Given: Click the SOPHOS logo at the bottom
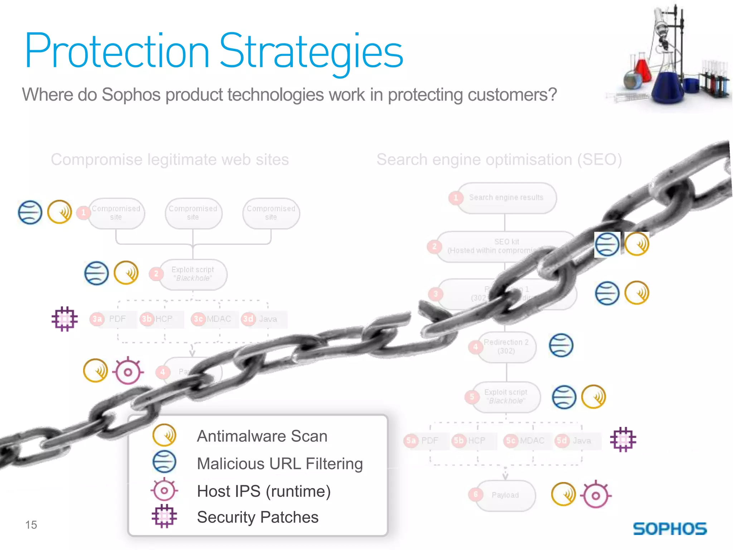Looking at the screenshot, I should [670, 529].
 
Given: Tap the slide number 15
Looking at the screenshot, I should [31, 525].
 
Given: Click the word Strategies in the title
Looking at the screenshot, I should [311, 51].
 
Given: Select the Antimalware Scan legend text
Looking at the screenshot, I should [262, 436].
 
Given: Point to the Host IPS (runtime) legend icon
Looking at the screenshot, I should [164, 490].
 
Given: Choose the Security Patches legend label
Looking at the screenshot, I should [257, 517].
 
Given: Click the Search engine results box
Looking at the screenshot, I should [506, 198].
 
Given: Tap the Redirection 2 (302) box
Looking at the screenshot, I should [506, 347].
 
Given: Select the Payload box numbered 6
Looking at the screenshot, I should [505, 495].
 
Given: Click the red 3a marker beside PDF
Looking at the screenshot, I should [97, 319].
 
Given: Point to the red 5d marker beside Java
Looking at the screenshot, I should [562, 440].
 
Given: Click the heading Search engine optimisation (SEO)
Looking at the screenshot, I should [499, 159].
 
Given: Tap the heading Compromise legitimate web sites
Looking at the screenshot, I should [170, 159].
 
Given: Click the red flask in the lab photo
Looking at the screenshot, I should [643, 70].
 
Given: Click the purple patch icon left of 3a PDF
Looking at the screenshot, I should [64, 319].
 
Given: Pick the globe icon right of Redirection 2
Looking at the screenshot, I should [561, 346].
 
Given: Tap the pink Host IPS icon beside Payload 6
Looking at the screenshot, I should [596, 496].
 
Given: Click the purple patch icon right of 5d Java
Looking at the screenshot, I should [623, 439].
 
